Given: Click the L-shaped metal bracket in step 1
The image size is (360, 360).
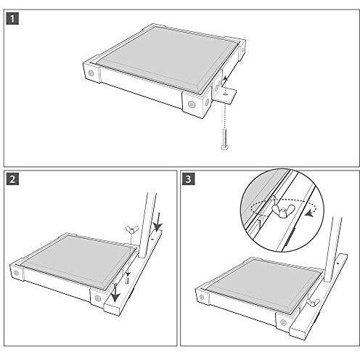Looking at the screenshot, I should [226, 94].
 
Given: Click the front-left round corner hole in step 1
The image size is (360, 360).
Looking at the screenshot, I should [93, 73].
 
